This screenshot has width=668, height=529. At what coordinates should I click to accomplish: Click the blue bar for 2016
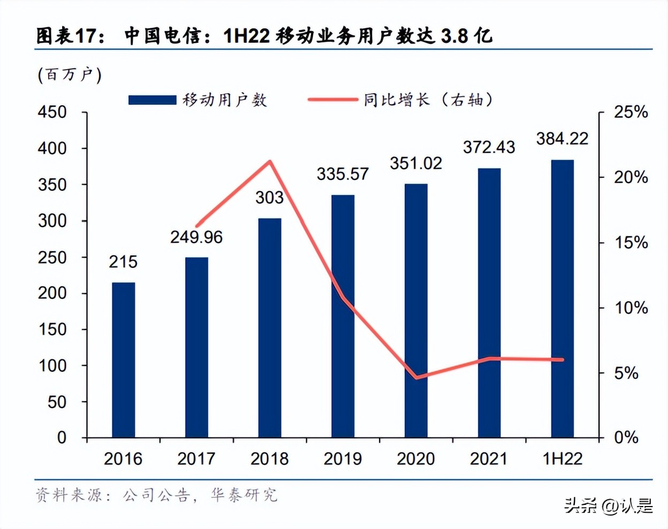click(123, 360)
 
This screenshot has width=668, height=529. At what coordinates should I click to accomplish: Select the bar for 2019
click(343, 316)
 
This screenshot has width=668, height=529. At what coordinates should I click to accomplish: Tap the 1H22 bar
click(562, 299)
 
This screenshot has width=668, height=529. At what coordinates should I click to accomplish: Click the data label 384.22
click(562, 139)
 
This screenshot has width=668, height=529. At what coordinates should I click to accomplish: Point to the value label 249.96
click(196, 237)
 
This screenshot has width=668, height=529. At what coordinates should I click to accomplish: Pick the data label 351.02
click(416, 163)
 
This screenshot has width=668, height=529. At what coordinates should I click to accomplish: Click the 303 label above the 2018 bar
click(269, 198)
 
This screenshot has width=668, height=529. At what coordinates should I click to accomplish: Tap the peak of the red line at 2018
click(270, 161)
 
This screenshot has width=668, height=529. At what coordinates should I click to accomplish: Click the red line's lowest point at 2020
click(416, 377)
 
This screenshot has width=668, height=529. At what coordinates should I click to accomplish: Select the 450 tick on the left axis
click(52, 112)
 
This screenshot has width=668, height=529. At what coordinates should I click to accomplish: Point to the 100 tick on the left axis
click(52, 366)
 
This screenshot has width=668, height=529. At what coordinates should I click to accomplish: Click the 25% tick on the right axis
click(631, 112)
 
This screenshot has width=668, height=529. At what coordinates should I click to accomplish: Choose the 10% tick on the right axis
click(631, 308)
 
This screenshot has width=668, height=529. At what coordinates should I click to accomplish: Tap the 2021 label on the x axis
click(489, 459)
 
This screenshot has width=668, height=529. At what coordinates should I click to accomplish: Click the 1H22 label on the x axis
click(562, 459)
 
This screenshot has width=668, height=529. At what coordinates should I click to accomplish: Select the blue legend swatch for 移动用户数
click(153, 100)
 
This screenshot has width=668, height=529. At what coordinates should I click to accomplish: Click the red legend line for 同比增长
click(332, 100)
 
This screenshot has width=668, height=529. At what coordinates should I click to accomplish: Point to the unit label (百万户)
click(69, 74)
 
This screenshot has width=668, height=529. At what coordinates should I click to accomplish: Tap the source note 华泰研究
click(244, 495)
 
